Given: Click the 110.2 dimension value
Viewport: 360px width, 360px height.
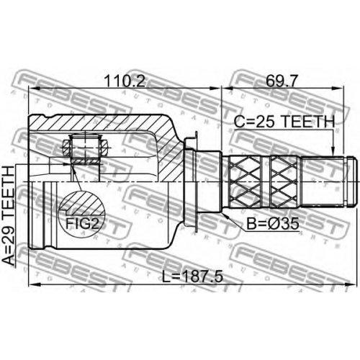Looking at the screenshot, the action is tap(125, 81).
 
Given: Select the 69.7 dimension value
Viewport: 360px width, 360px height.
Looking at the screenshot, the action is tap(282, 81).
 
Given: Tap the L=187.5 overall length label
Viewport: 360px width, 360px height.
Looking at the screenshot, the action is tap(192, 276).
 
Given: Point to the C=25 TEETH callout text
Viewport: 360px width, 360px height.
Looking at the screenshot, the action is tap(284, 122).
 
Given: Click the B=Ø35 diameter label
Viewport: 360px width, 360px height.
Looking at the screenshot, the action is tap(273, 223).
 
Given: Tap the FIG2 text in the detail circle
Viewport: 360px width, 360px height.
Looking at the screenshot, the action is tap(82, 223).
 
